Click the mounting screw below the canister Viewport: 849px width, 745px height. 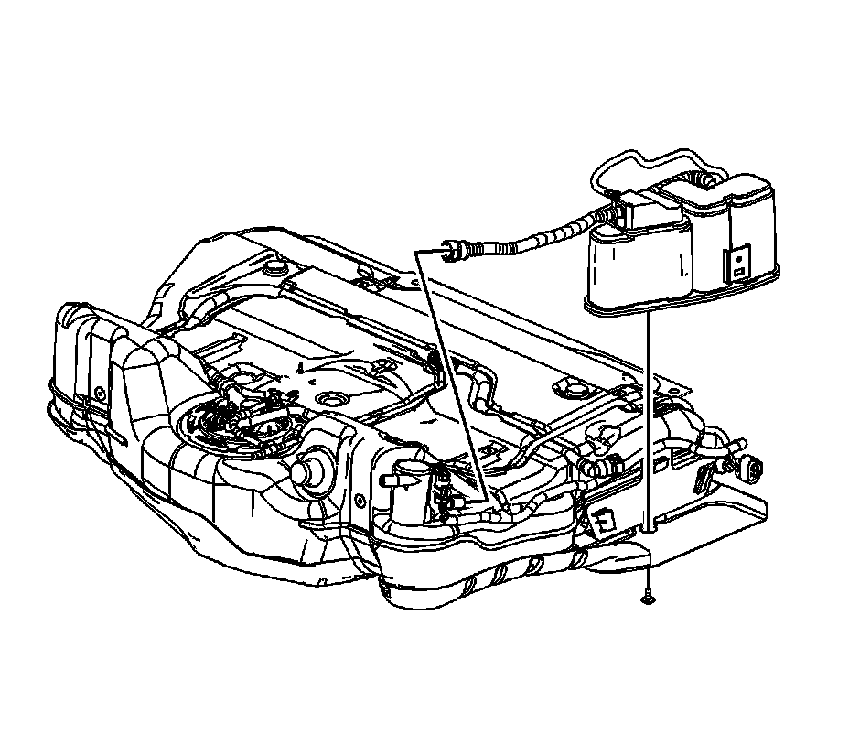(x=647, y=599)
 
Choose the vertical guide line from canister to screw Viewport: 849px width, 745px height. (x=647, y=421)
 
